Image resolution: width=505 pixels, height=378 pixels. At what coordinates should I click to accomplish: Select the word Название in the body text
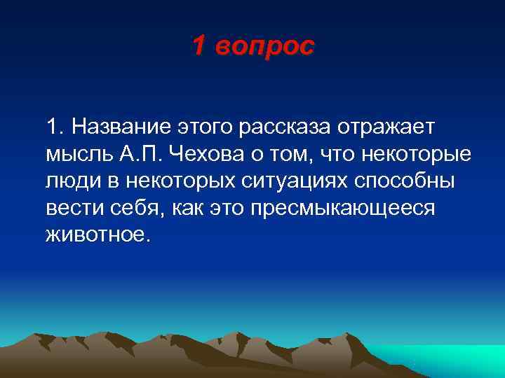point(120,128)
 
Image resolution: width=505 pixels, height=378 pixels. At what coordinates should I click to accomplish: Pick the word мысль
point(74,155)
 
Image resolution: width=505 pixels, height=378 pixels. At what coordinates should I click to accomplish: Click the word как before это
point(184,207)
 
